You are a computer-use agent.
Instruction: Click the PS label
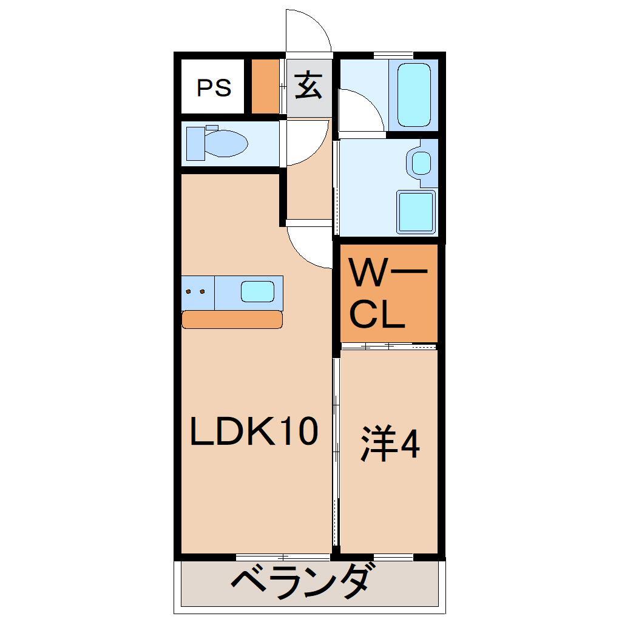tap(214, 87)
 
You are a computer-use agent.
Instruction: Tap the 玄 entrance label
tap(308, 86)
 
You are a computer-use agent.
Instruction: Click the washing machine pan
tap(416, 211)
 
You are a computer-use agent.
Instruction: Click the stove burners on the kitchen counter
tap(195, 292)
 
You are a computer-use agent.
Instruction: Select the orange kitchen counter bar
tap(232, 319)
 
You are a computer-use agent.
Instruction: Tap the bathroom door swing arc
tap(362, 109)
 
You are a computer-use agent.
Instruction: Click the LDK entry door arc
tap(309, 246)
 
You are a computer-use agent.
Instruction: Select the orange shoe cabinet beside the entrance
tap(265, 86)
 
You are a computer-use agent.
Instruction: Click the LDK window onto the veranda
tap(283, 556)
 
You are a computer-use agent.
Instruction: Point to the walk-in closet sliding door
tap(388, 346)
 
